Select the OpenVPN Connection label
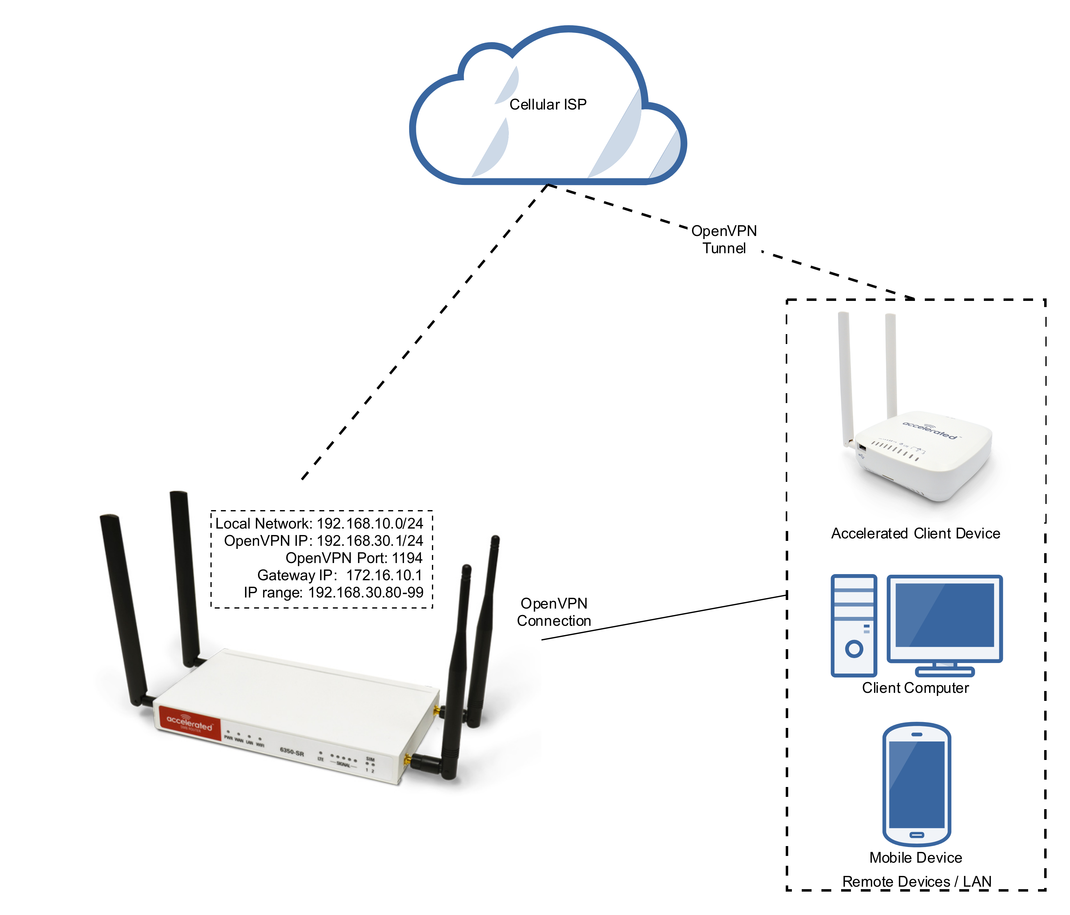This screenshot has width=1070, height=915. [x=553, y=612]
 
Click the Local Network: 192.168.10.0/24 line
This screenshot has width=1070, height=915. [x=319, y=524]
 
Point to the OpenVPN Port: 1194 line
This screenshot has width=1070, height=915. [x=354, y=558]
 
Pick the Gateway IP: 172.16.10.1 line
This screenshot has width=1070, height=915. [x=340, y=575]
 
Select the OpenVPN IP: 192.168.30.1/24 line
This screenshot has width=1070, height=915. [x=323, y=541]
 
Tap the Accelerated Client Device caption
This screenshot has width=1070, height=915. [x=915, y=533]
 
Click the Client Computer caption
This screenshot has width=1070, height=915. [x=915, y=688]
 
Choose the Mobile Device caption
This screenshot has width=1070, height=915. [x=916, y=858]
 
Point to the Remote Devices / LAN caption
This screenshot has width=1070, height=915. [x=916, y=881]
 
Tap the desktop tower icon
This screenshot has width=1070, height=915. [x=854, y=625]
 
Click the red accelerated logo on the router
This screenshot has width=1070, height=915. [x=190, y=723]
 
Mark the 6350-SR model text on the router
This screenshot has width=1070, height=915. [x=292, y=751]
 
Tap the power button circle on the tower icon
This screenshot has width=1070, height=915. [x=854, y=649]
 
